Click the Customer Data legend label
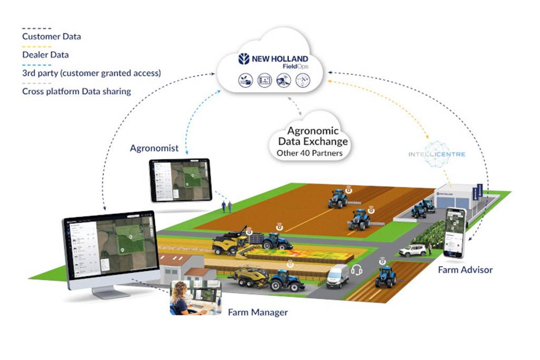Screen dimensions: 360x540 pos(51,37)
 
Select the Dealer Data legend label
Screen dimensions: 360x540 pos(45,54)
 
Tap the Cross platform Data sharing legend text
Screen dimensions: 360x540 pos(76,91)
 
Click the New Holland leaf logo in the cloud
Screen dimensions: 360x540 pos(244,59)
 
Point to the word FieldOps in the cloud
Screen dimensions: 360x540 pos(295,66)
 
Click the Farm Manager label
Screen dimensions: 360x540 pos(258,313)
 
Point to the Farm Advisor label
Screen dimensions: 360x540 pos(465,270)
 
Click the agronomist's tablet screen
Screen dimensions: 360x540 pos(180,180)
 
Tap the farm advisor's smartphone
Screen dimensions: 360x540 pos(455,232)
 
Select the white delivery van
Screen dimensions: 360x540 pos(337,276)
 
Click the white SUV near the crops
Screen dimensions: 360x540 pos(412,250)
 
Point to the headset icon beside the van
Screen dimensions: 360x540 pos(356,270)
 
